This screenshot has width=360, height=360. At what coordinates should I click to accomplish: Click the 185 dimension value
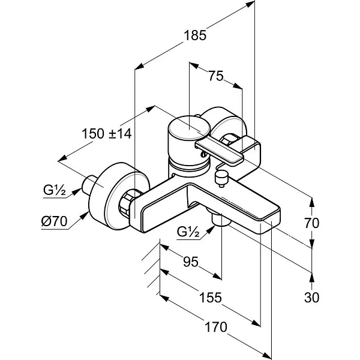(x=195, y=35)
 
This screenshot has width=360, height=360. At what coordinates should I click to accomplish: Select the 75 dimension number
(x=216, y=76)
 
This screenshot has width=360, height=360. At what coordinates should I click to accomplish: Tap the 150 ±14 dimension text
(x=107, y=134)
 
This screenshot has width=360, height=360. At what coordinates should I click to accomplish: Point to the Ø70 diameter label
(x=54, y=221)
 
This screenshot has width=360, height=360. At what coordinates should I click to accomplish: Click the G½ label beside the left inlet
(x=55, y=190)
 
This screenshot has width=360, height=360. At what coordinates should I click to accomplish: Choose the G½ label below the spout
(x=188, y=232)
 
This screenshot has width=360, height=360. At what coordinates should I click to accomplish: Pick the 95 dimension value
(x=191, y=262)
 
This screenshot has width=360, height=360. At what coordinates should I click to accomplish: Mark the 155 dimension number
(x=211, y=298)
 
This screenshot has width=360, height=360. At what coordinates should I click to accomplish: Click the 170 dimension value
(x=216, y=327)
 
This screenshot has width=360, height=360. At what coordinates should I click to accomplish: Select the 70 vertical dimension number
(x=312, y=223)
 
